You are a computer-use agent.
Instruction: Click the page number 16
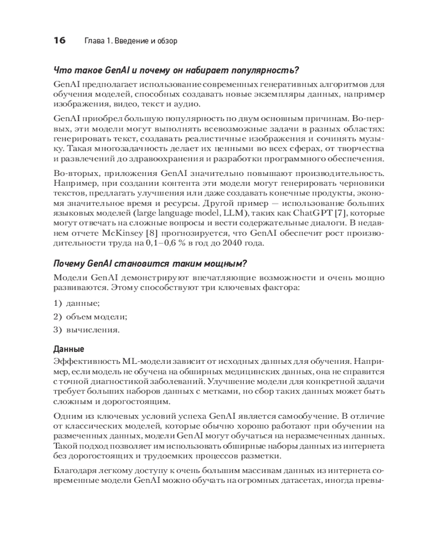point(59,41)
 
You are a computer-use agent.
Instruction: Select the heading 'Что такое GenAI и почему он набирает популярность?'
point(176,71)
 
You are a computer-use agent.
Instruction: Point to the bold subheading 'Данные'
point(68,349)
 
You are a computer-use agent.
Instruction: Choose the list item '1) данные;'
point(76,303)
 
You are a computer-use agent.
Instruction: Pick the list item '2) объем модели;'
point(90,316)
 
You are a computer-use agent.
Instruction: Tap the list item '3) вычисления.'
point(87,330)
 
